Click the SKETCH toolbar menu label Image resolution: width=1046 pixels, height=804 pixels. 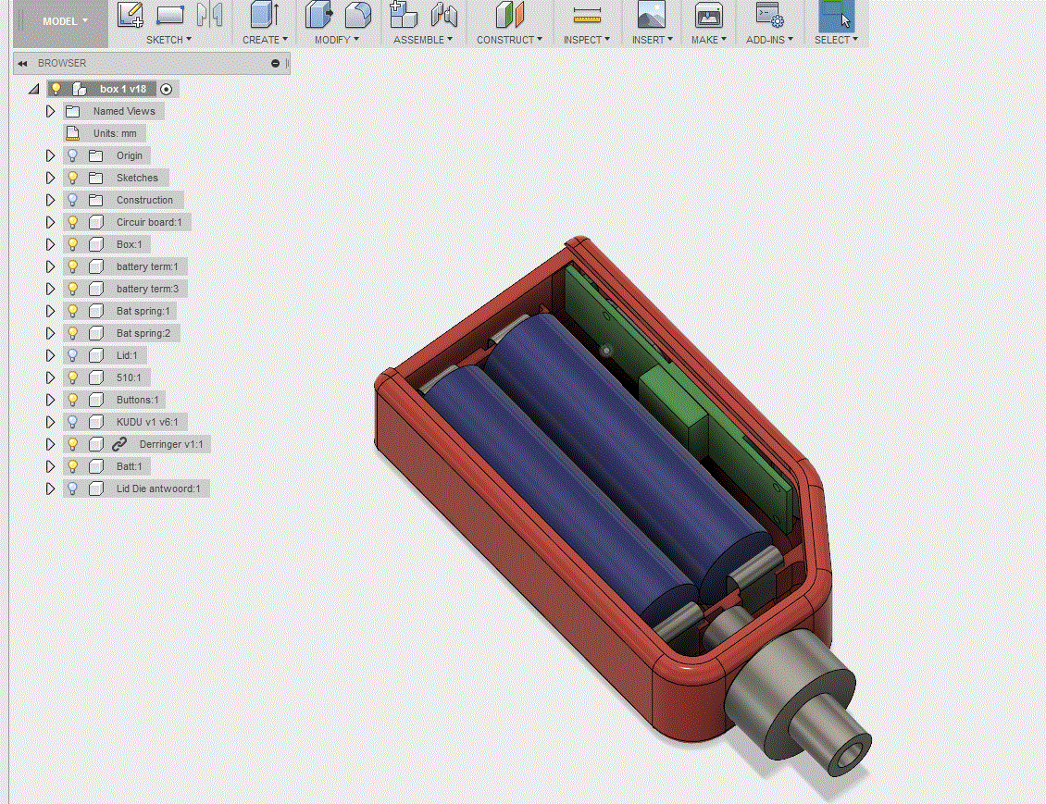point(168,40)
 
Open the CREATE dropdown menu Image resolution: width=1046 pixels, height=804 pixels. point(265,40)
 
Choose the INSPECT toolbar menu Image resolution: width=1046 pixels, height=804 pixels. point(586,40)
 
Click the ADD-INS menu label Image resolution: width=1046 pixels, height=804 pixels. point(769,40)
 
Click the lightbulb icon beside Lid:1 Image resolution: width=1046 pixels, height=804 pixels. point(73,355)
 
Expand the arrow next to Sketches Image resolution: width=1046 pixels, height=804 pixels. point(50,178)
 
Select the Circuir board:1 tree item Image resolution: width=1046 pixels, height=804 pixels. point(149,222)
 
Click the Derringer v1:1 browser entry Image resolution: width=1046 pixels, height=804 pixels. point(171,444)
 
